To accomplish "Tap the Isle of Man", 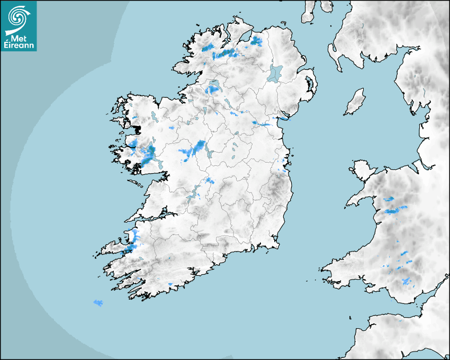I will (x=355, y=102).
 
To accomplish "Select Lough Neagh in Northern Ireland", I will (x=275, y=73).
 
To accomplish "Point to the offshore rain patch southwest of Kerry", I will (x=98, y=302).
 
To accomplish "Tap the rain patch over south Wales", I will (x=407, y=281).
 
